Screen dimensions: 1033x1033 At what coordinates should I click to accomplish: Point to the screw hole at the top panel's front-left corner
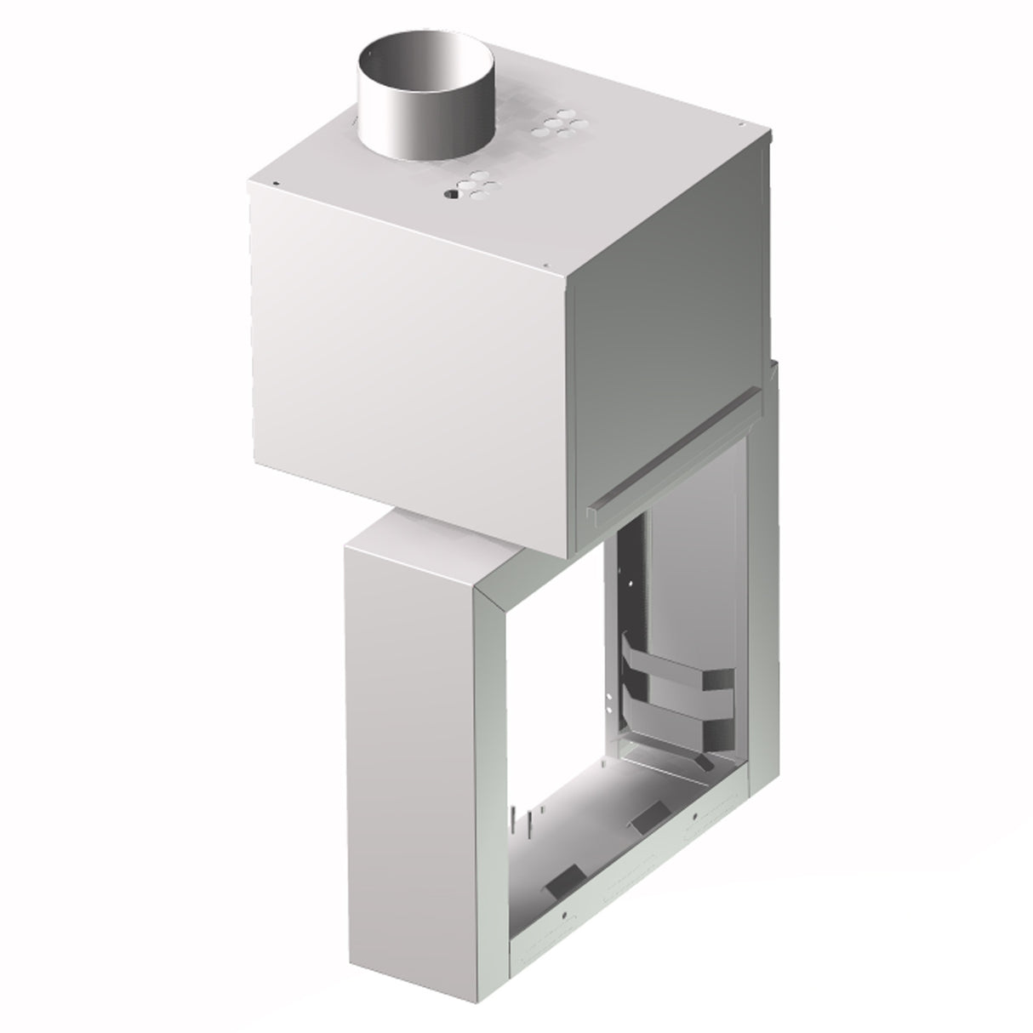[277, 182]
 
